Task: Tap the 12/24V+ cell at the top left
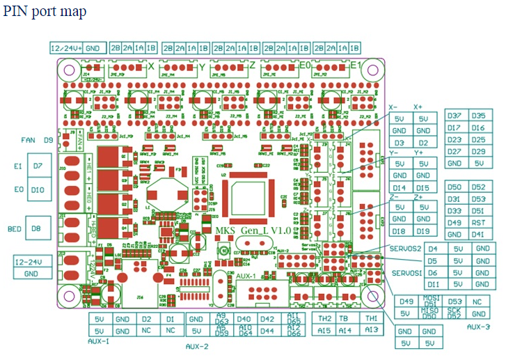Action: click(67, 48)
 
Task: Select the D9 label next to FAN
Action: click(49, 140)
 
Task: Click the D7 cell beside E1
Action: click(38, 166)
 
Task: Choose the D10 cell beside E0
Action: click(38, 189)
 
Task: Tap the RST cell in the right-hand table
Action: click(478, 223)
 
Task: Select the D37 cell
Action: click(455, 116)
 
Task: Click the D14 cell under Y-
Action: click(400, 188)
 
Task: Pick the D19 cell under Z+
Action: click(423, 231)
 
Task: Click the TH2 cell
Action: click(324, 319)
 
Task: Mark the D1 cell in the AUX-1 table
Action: click(170, 319)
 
